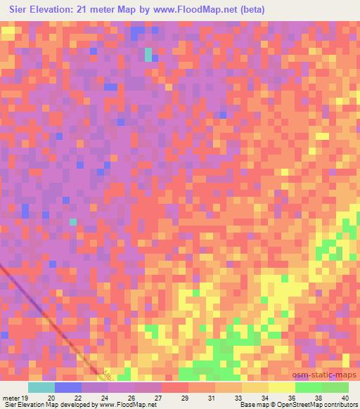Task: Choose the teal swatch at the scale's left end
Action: [41, 387]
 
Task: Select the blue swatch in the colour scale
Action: [68, 387]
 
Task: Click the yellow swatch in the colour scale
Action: [282, 387]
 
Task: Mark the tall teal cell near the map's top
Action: [148, 55]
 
